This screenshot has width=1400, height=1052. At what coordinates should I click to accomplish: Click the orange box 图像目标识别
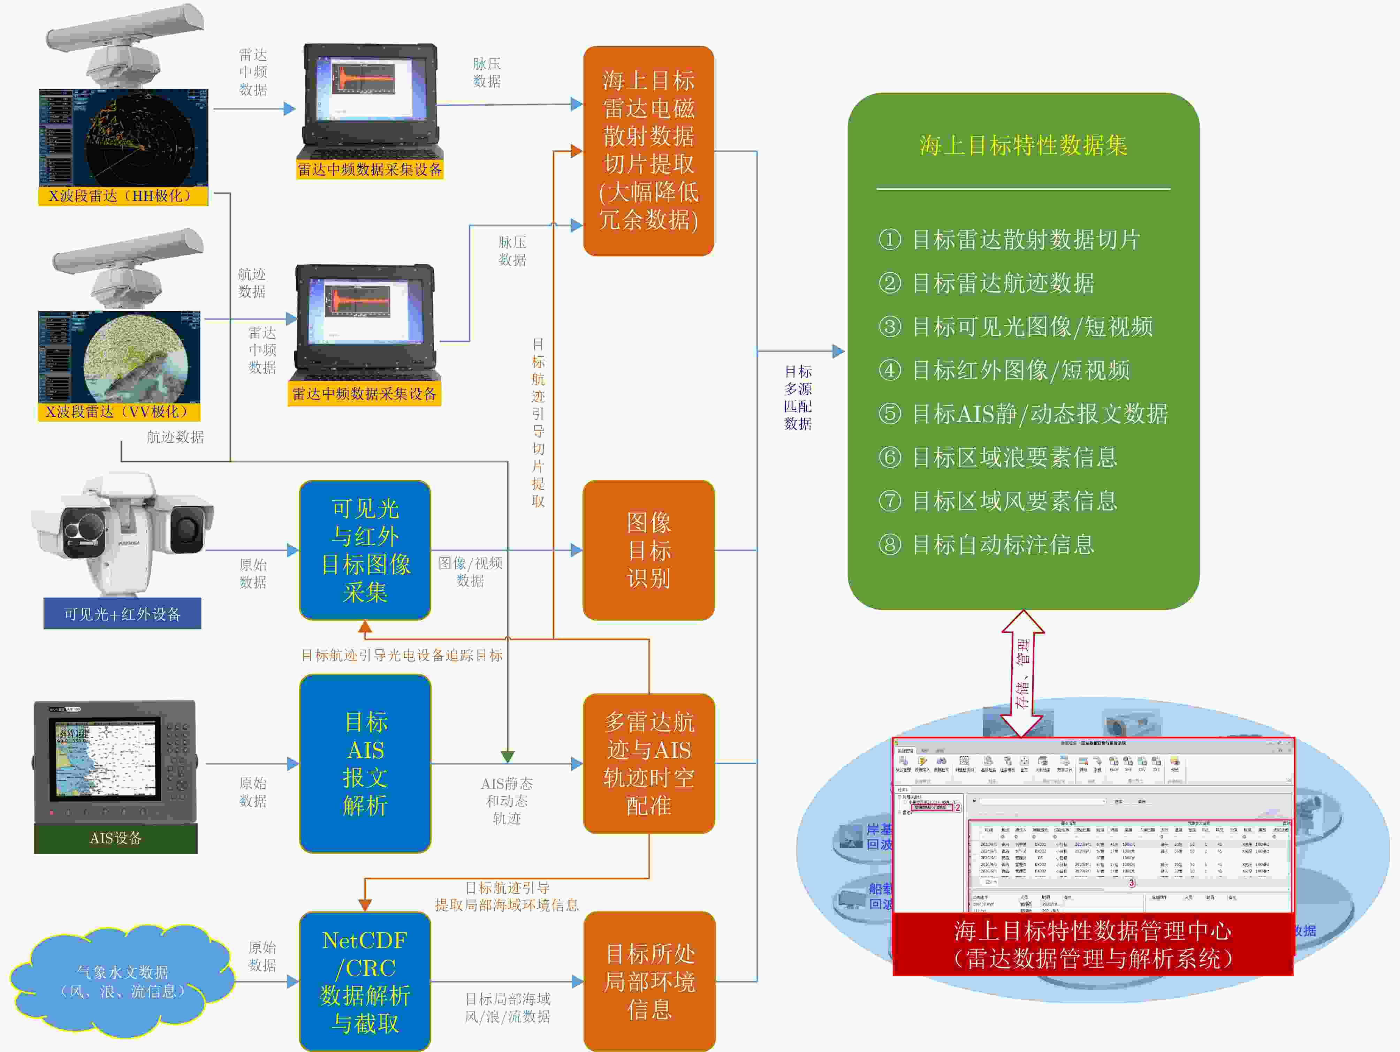[x=649, y=550]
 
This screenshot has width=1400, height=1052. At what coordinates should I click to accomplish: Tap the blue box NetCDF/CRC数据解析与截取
[x=365, y=981]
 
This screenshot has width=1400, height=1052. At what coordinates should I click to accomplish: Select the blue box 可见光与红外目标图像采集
[x=365, y=550]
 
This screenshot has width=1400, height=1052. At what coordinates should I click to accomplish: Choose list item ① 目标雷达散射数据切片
[x=1010, y=239]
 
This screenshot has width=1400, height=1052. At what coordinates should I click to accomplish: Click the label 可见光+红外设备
[x=122, y=614]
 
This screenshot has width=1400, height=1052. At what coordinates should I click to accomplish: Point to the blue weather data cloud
[x=122, y=982]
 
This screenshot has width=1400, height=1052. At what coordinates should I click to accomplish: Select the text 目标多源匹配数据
[x=798, y=398]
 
